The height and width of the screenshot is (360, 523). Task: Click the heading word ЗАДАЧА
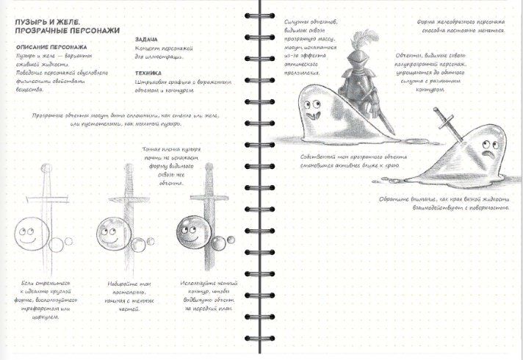pos(147,40)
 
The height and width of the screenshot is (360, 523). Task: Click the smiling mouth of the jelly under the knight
pos(316,114)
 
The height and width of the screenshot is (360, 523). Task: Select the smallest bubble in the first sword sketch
pos(71,241)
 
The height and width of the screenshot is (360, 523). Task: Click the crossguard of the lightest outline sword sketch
pos(46,200)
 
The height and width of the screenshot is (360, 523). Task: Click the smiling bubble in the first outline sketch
pos(30,235)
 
